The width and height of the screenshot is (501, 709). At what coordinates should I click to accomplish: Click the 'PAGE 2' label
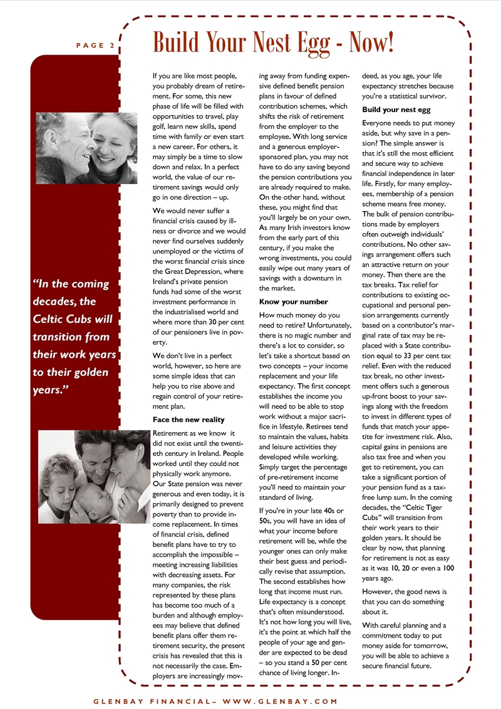pos(95,45)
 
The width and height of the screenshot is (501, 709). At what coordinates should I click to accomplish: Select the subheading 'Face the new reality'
pos(189,419)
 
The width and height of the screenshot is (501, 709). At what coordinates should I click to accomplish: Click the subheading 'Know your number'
pos(293,301)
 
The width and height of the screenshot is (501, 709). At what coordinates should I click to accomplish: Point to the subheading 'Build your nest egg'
pos(396,110)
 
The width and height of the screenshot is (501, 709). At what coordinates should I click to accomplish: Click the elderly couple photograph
pos(86,148)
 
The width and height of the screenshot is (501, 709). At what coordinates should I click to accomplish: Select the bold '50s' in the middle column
pos(265,519)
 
